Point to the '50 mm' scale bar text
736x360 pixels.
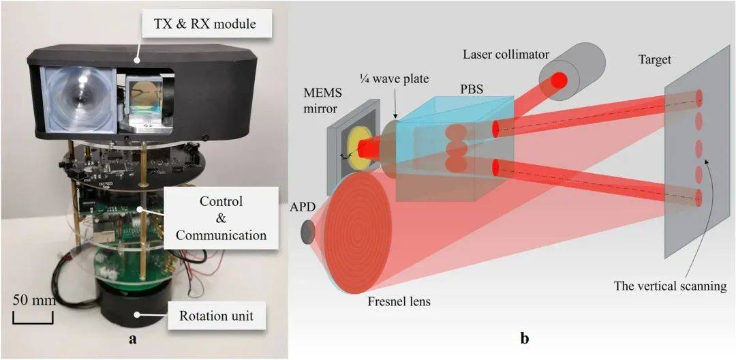click(33, 301)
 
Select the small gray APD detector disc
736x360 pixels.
click(309, 232)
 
